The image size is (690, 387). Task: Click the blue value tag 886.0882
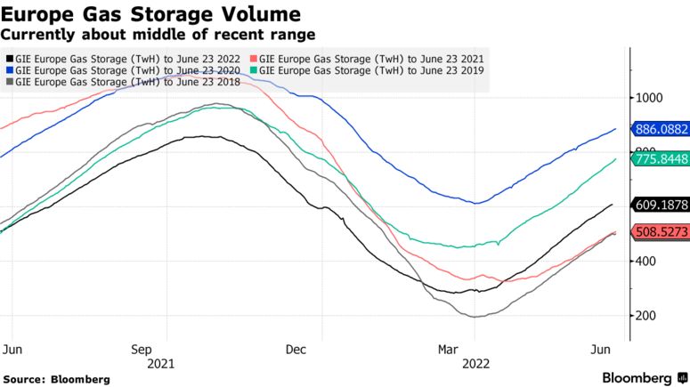(x=660, y=129)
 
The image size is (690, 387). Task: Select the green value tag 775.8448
(x=660, y=159)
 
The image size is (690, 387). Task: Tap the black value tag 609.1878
(x=660, y=205)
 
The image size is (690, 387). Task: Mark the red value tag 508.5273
(x=660, y=232)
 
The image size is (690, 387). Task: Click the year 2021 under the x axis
(x=160, y=363)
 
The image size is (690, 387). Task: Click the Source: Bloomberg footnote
(x=57, y=379)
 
